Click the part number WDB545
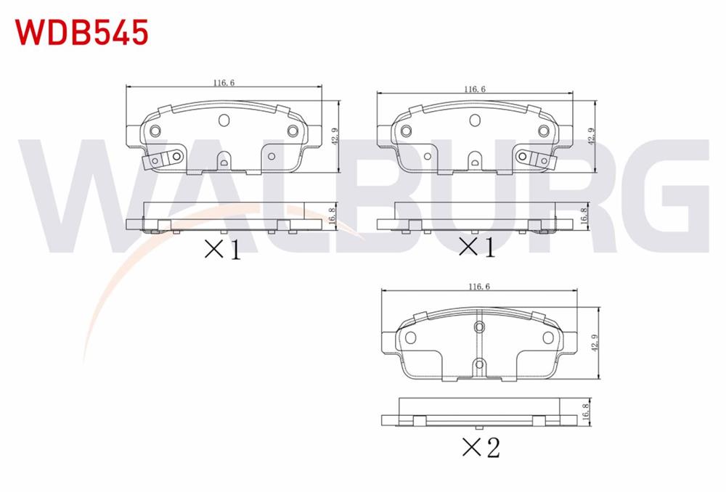coord(81,32)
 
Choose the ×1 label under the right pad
coord(476,248)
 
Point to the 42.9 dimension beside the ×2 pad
coord(595,343)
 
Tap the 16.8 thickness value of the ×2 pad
coord(585,411)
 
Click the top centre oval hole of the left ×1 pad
coord(224,120)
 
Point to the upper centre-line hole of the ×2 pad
coord(478,328)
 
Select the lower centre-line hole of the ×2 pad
coord(478,364)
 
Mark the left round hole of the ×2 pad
coord(409,337)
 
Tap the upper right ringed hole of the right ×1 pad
coord(542,131)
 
